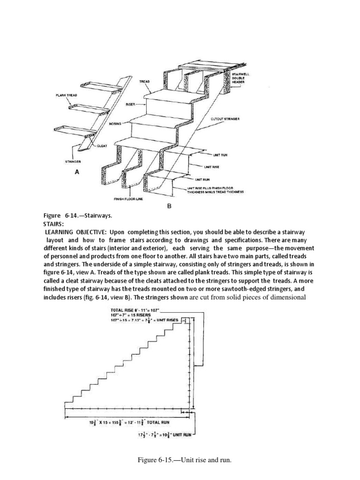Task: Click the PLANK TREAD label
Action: point(66,95)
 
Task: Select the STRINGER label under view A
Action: point(73,161)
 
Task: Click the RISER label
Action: point(130,105)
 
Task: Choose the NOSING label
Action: point(115,124)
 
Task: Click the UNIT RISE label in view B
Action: point(212,166)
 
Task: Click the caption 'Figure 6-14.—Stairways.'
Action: point(78,216)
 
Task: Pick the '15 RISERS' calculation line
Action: point(128,315)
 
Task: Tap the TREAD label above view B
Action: point(144,82)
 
